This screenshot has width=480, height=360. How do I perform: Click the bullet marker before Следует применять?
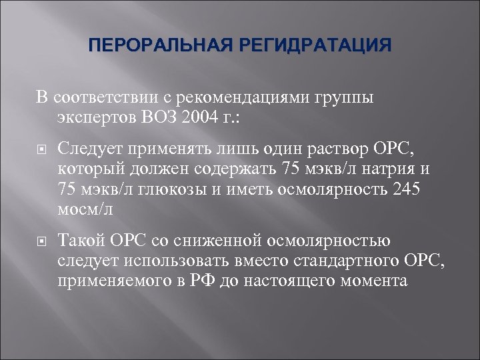[x=41, y=148]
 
